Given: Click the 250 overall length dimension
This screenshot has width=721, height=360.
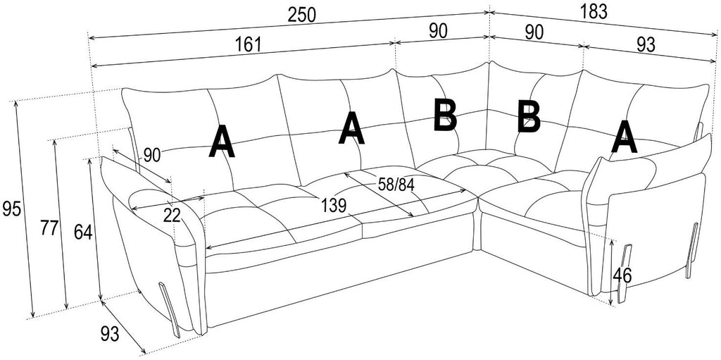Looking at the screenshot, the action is point(302,15).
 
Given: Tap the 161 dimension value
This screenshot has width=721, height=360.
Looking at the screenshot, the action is point(248,44).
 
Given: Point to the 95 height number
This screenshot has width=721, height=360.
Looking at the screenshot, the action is point(11,209).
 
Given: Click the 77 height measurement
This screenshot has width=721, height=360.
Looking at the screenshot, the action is point(49,228).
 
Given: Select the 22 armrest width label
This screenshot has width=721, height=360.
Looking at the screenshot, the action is point(172,216).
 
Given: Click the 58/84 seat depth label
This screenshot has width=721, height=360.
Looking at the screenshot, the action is point(396,185).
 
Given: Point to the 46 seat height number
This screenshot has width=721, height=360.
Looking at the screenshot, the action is point(622,275).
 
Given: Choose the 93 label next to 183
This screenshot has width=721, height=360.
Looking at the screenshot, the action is point(646,44).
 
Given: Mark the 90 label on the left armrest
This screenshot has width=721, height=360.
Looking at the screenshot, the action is point(152,156).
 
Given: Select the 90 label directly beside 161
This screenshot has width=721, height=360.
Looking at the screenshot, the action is point(438,31).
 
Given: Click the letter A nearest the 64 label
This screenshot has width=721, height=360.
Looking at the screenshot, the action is point(222,143).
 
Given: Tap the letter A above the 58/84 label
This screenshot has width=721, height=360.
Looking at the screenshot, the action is point(351,128).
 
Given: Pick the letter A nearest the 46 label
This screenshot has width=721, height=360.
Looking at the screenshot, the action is point(624,137).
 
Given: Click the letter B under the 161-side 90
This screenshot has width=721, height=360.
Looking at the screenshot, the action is point(445,115).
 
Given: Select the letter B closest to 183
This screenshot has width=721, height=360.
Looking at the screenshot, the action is point(528,118).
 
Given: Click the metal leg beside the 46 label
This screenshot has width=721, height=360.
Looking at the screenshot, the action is point(625,274).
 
